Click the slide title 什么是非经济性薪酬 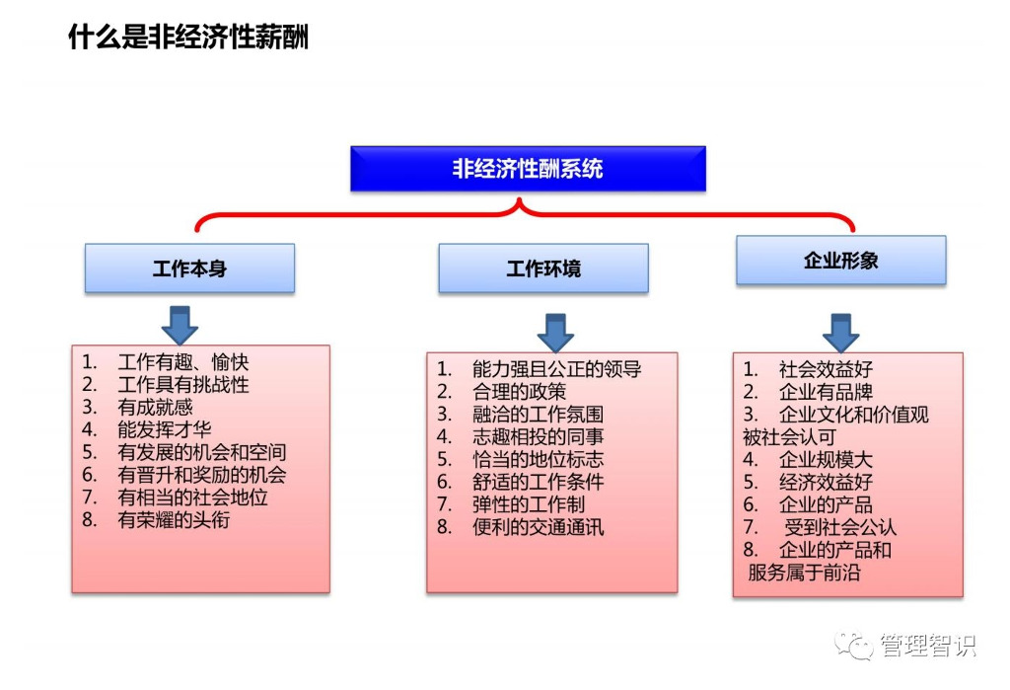pyautogui.click(x=188, y=38)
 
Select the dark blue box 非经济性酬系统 pyautogui.click(x=528, y=169)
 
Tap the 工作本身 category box pyautogui.click(x=189, y=268)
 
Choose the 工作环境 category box pyautogui.click(x=543, y=268)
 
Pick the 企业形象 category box pyautogui.click(x=840, y=261)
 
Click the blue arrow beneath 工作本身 pyautogui.click(x=180, y=325)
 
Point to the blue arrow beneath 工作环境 pyautogui.click(x=556, y=333)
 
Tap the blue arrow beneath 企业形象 pyautogui.click(x=840, y=333)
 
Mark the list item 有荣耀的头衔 pyautogui.click(x=174, y=519)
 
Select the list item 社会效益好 pyautogui.click(x=826, y=369)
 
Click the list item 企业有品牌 pyautogui.click(x=826, y=392)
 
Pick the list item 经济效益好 pyautogui.click(x=826, y=483)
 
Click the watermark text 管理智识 pyautogui.click(x=927, y=646)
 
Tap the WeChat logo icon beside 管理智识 pyautogui.click(x=854, y=646)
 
